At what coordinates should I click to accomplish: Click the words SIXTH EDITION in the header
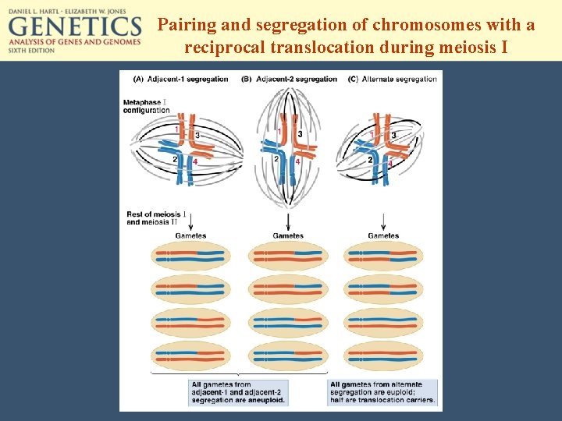31,50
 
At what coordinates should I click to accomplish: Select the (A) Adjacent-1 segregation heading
181,79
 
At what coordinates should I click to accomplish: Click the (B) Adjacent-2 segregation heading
290,79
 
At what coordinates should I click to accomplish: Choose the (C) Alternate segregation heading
393,79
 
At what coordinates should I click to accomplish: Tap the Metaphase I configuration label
146,107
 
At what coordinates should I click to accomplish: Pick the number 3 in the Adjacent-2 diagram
300,133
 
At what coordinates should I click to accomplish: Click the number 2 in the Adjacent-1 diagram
176,159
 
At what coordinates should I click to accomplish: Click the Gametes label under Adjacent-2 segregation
288,235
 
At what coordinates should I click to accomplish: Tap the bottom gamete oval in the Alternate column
383,356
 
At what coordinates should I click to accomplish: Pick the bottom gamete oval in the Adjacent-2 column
288,356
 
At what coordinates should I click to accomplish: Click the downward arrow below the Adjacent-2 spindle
288,221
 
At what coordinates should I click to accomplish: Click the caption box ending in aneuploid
238,392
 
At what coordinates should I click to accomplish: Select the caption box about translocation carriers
382,392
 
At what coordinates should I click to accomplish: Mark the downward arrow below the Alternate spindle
383,221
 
